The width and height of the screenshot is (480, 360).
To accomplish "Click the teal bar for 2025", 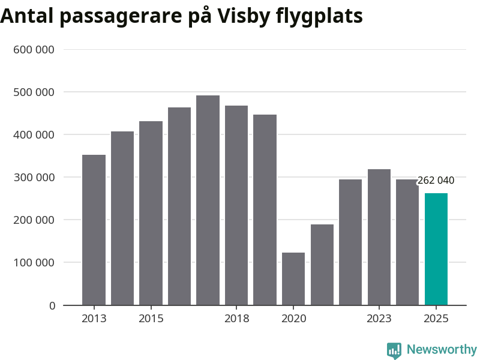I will [x=436, y=249].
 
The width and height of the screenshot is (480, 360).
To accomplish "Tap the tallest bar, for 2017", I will [x=208, y=200].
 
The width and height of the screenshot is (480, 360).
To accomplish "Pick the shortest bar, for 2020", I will [x=293, y=279].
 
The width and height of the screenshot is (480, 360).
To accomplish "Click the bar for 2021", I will [x=322, y=265].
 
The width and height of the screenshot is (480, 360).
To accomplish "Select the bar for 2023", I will [x=379, y=237].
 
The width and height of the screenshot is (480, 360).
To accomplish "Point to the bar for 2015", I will [x=151, y=213].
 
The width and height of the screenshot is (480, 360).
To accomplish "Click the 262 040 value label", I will [x=436, y=180].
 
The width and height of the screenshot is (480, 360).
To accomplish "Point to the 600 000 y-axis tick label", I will [x=34, y=50].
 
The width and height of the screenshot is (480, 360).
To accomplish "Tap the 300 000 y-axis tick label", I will [x=34, y=178].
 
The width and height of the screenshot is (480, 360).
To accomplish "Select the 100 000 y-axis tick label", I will [x=34, y=263].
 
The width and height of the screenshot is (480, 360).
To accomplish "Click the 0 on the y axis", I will [x=52, y=305].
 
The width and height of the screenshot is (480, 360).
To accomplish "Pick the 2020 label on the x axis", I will [x=293, y=319].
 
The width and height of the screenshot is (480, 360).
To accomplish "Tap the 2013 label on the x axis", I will [x=94, y=319].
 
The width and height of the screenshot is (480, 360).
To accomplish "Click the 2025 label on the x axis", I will [x=436, y=319].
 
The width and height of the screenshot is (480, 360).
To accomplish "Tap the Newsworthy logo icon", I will [x=394, y=350].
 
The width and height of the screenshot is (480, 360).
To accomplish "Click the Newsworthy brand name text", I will [x=442, y=349].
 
